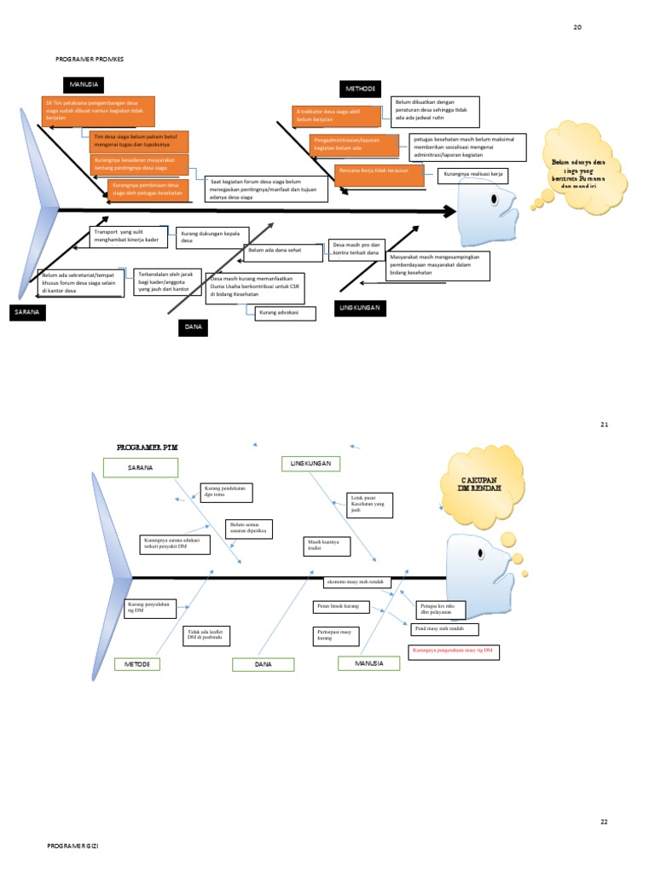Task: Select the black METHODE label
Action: click(360, 88)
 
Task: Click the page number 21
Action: click(604, 424)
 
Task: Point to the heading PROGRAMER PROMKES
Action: click(90, 59)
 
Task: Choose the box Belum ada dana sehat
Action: click(282, 251)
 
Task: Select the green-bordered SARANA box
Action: click(140, 467)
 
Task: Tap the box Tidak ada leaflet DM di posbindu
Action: click(206, 635)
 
